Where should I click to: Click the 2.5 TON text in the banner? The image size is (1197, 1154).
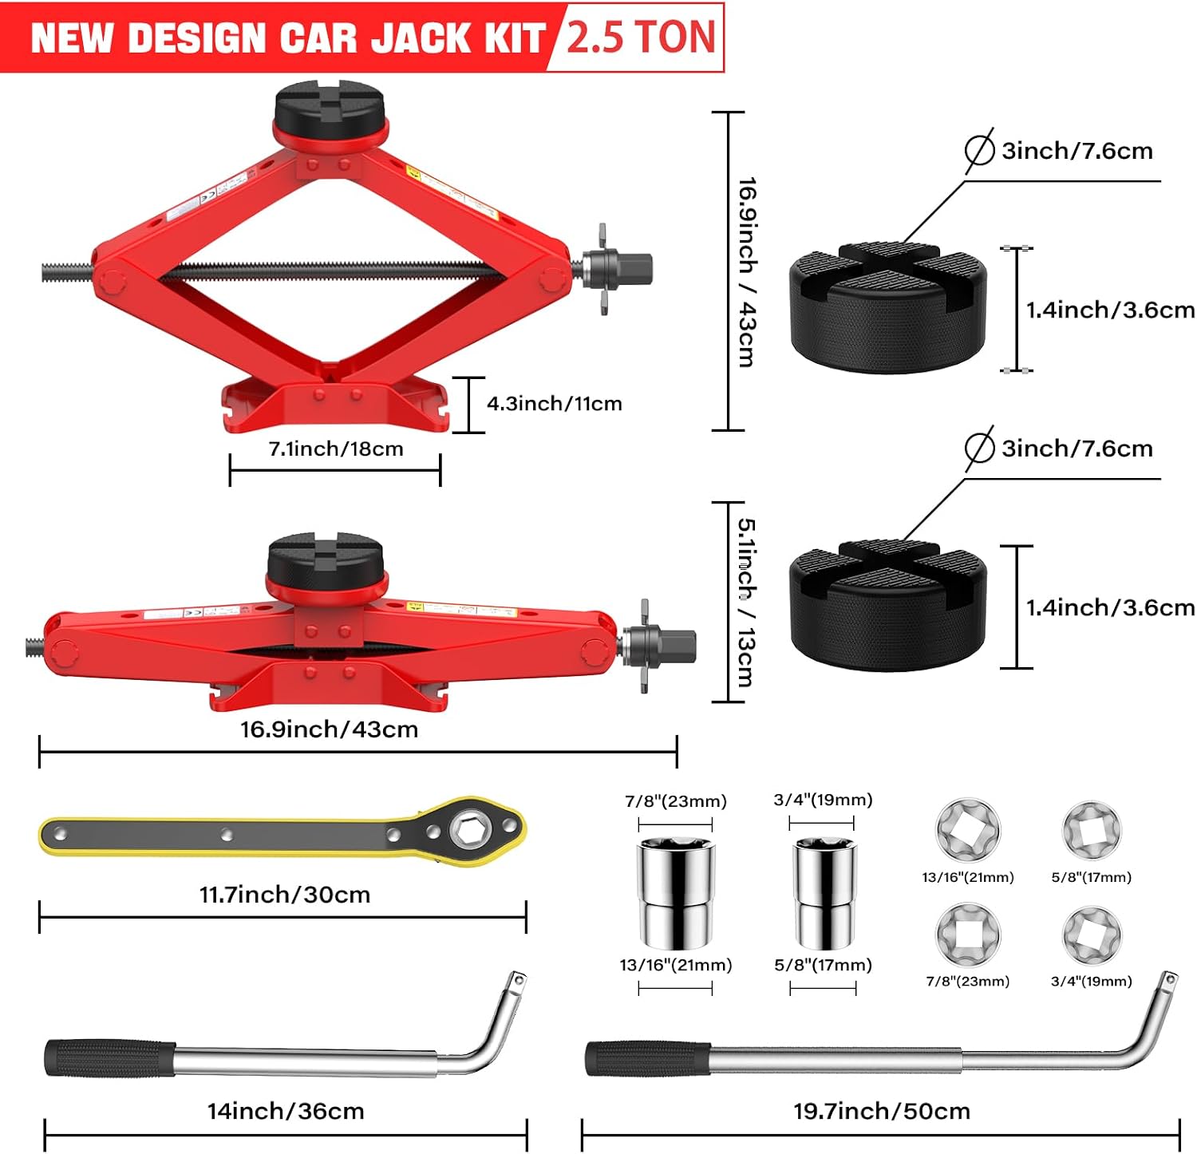[641, 38]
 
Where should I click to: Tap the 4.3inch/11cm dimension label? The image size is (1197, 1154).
[555, 404]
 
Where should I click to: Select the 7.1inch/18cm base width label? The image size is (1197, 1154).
[336, 449]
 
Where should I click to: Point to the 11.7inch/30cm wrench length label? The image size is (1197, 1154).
[285, 895]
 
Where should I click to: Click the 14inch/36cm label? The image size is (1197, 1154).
[286, 1111]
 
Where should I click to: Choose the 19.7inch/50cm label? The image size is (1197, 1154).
[882, 1111]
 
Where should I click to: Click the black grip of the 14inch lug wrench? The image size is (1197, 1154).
[110, 1058]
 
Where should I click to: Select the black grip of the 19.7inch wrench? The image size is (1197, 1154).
[648, 1059]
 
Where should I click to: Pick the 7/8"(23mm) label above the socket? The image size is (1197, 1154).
[676, 801]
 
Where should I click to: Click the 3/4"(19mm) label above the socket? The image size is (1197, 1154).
[823, 800]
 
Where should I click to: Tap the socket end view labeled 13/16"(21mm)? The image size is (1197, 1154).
[967, 830]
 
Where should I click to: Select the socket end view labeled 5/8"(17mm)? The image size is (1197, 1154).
[1092, 831]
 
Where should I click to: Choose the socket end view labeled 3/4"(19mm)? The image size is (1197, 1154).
[1092, 935]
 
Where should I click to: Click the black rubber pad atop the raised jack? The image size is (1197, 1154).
[330, 111]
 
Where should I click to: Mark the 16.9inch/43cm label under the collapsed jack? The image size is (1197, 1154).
[330, 729]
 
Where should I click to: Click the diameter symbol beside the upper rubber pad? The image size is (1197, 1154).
[979, 150]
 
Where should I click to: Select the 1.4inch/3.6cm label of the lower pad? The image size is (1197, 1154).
[1110, 608]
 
